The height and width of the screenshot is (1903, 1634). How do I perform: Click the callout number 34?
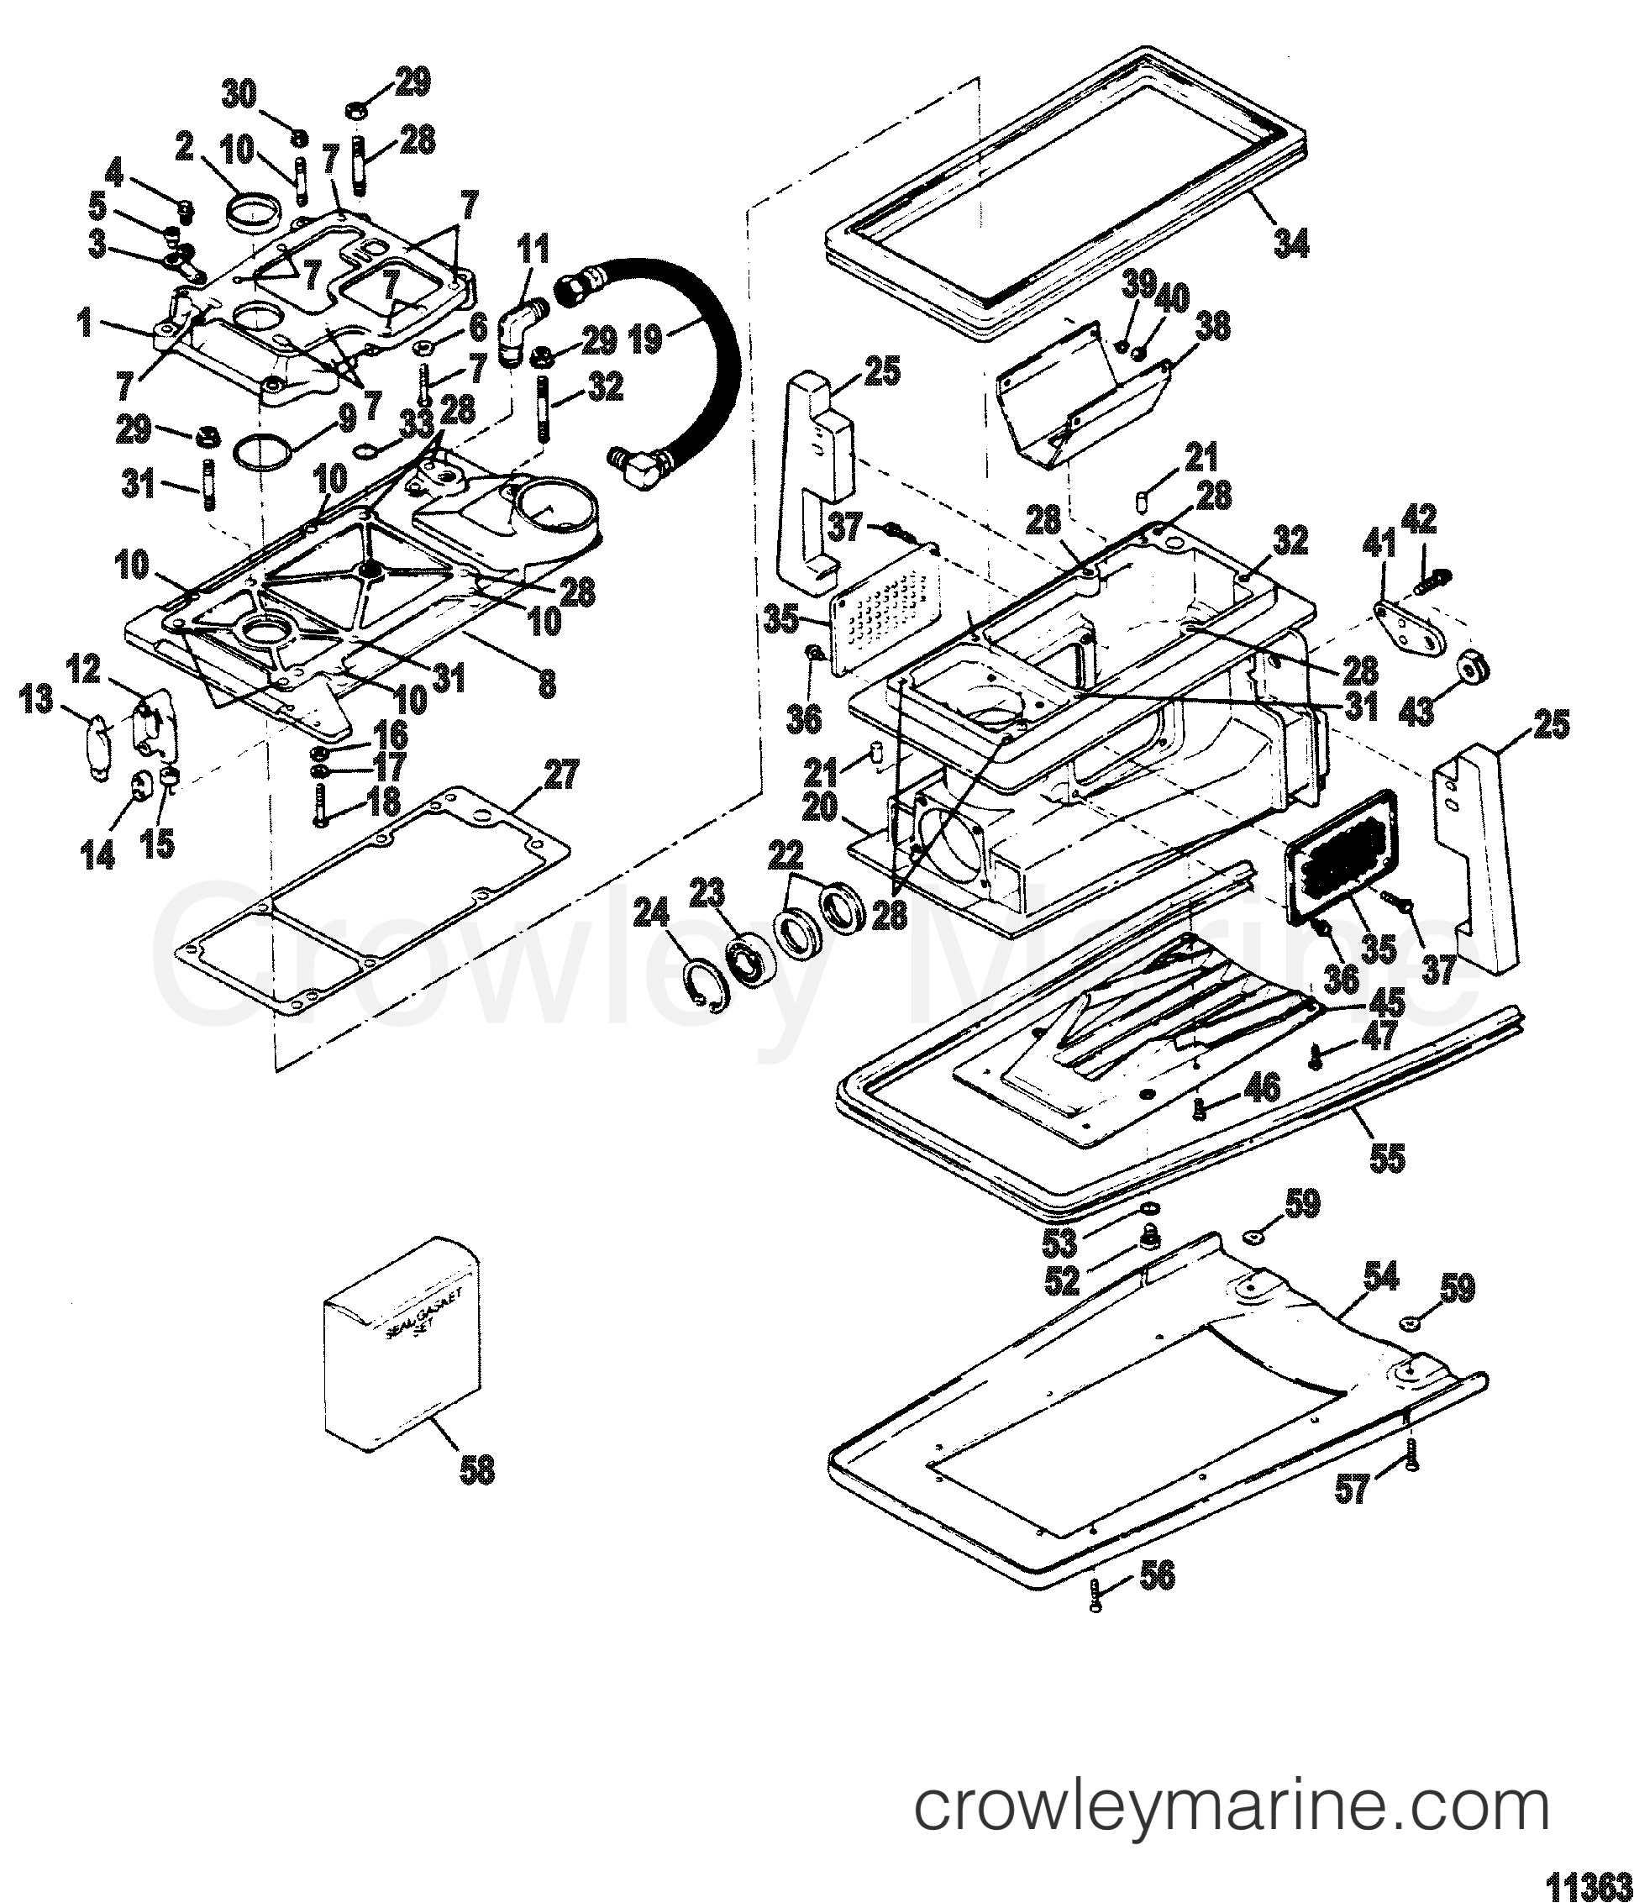tap(1290, 243)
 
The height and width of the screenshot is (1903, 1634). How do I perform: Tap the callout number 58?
tap(475, 1470)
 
